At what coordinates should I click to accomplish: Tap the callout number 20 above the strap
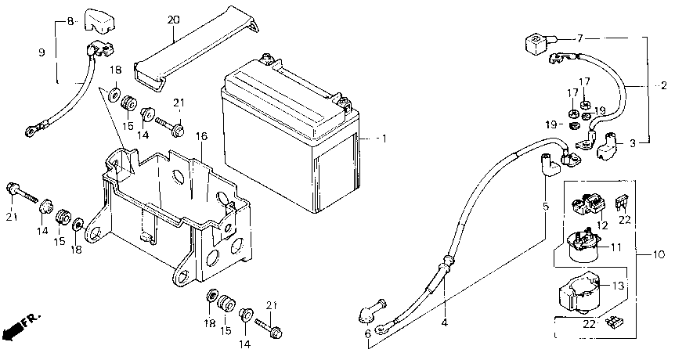click(174, 20)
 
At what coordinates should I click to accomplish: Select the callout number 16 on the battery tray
click(201, 136)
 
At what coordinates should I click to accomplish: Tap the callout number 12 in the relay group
click(602, 225)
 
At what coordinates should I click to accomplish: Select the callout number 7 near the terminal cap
click(580, 38)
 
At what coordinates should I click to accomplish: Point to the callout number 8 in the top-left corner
click(69, 21)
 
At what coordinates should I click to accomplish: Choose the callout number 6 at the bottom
click(369, 333)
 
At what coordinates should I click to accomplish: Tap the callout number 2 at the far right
click(663, 85)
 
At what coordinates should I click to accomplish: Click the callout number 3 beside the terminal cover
click(633, 143)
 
